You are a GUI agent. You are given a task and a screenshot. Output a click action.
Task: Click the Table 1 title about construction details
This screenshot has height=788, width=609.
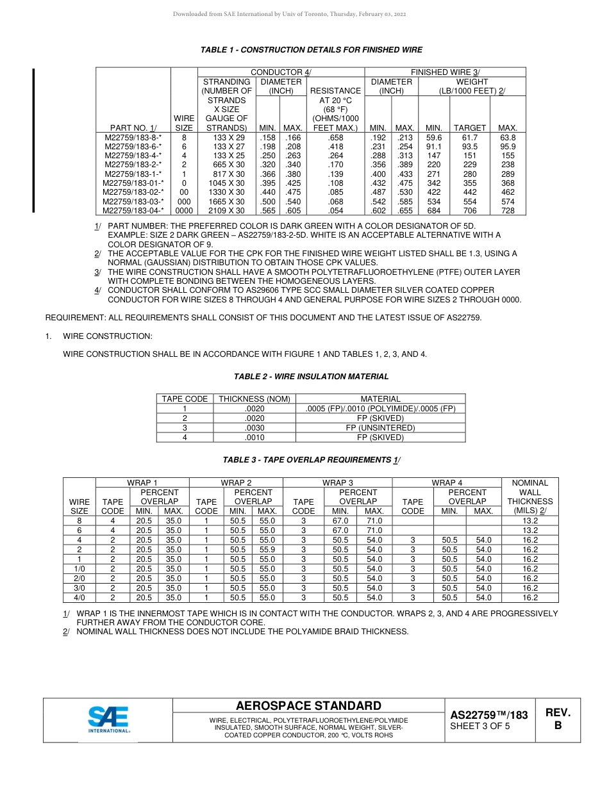[312, 50]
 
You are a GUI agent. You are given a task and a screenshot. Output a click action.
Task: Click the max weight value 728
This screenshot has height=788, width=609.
[508, 210]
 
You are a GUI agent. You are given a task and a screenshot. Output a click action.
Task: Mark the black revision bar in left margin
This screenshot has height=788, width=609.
[33, 140]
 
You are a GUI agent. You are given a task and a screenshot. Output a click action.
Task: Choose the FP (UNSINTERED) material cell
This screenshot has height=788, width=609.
[380, 427]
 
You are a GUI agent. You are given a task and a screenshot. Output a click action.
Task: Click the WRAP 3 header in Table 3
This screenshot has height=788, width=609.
[337, 482]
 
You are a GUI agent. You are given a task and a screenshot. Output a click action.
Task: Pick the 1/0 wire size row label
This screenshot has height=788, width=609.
[79, 568]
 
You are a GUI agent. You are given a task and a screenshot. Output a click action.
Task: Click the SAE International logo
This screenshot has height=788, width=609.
[109, 719]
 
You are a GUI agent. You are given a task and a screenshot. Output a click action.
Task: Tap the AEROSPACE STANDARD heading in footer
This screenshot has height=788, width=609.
[308, 706]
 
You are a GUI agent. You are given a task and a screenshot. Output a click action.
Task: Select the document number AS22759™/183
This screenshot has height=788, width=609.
[489, 715]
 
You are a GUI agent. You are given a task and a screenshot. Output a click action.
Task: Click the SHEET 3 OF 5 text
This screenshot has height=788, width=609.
[480, 726]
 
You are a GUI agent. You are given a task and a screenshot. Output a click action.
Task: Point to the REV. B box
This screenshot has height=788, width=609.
[558, 719]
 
